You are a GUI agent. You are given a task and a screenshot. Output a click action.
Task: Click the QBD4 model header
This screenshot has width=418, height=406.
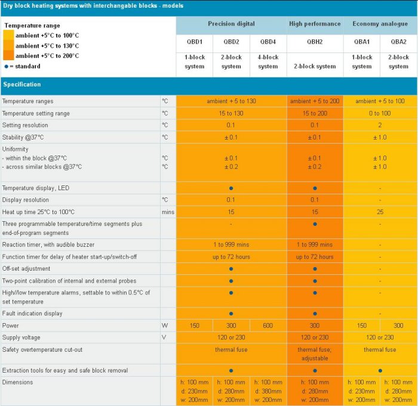pyautogui.click(x=268, y=42)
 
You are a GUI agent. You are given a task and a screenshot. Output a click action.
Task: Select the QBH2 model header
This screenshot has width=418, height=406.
pyautogui.click(x=315, y=42)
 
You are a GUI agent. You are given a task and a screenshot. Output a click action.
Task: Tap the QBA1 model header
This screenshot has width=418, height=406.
pyautogui.click(x=361, y=42)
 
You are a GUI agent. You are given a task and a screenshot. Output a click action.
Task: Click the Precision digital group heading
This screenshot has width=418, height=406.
pyautogui.click(x=231, y=24)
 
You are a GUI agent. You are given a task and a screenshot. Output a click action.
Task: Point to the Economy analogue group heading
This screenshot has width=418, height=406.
pyautogui.click(x=380, y=24)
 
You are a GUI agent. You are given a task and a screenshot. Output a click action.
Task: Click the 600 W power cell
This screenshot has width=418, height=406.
pyautogui.click(x=268, y=326)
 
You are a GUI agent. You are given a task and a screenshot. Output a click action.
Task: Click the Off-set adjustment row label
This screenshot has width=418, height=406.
pyautogui.click(x=26, y=269)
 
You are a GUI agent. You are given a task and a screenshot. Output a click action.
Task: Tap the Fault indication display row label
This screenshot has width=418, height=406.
pyautogui.click(x=32, y=314)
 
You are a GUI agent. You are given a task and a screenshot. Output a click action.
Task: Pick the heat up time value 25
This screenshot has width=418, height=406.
pyautogui.click(x=380, y=212)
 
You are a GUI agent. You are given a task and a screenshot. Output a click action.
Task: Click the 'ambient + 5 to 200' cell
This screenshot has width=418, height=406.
pyautogui.click(x=315, y=101)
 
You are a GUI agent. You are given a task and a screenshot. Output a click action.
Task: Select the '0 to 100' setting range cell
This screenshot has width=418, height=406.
pyautogui.click(x=380, y=113)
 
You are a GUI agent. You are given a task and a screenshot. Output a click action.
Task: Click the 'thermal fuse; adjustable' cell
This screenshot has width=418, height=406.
pyautogui.click(x=315, y=354)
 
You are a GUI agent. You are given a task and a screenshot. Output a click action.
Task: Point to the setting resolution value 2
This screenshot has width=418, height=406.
pyautogui.click(x=380, y=125)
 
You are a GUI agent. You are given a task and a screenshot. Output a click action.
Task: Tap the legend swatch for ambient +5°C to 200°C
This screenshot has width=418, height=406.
pyautogui.click(x=8, y=55)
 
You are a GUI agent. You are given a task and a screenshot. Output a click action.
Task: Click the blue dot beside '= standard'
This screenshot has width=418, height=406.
pyautogui.click(x=6, y=66)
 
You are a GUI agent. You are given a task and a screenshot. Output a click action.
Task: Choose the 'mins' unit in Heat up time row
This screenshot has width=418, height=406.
pyautogui.click(x=167, y=212)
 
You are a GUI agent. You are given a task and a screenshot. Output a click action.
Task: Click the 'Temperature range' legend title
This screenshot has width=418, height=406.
pyautogui.click(x=32, y=26)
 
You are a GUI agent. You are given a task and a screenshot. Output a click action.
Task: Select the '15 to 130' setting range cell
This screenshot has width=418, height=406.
pyautogui.click(x=231, y=113)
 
